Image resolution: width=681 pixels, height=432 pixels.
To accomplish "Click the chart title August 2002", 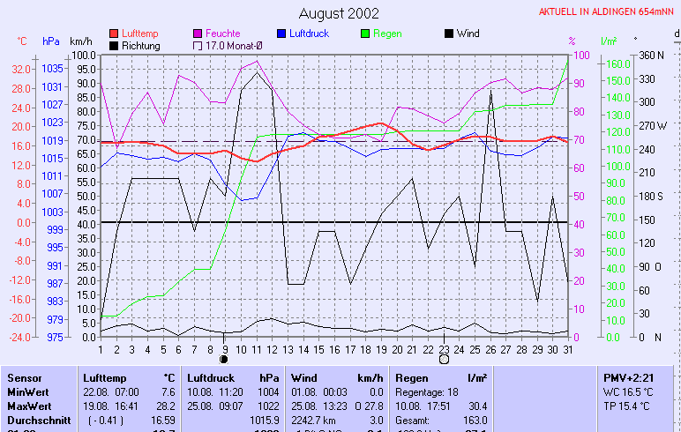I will click(340, 13).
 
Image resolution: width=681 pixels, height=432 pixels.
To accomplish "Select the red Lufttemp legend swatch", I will click(114, 34).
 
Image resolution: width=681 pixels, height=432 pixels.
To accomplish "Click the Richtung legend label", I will click(141, 45).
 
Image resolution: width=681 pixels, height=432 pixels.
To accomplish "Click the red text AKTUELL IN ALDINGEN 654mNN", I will click(608, 11).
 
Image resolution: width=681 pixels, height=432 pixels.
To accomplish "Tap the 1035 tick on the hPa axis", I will click(52, 69).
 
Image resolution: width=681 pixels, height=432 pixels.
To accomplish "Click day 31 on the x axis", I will click(567, 349).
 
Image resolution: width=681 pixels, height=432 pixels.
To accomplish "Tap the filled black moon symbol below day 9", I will click(224, 360).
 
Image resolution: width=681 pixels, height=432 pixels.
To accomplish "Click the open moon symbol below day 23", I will click(444, 360).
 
